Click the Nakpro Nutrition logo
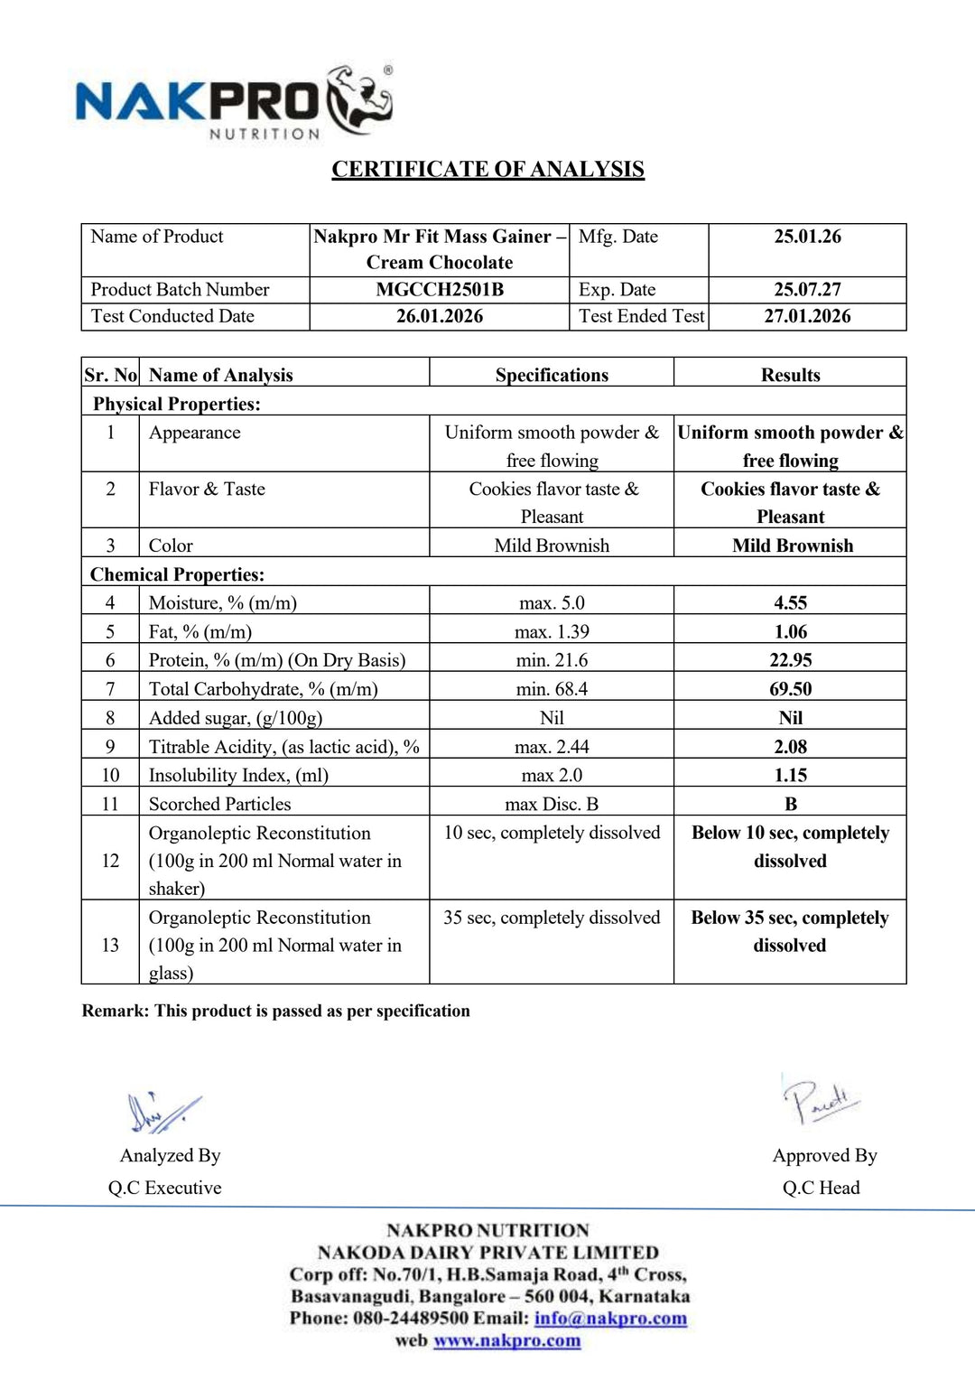pos(234,101)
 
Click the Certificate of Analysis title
pos(487,169)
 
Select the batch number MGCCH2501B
pos(440,290)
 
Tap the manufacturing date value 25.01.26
pos(807,237)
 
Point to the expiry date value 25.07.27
pos(807,290)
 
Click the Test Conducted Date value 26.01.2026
pos(440,316)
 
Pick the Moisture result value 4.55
pos(790,602)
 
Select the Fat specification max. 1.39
pos(552,631)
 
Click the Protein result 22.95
pos(790,660)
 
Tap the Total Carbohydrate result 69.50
pos(790,689)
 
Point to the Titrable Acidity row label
pos(283,747)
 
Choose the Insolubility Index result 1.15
pos(790,775)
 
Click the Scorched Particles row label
pos(219,804)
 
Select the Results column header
pos(790,375)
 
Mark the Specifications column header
pos(552,375)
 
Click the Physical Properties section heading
pos(177,404)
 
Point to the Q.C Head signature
pos(819,1101)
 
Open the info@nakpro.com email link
pos(610,1318)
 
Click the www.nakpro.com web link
pos(506,1340)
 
